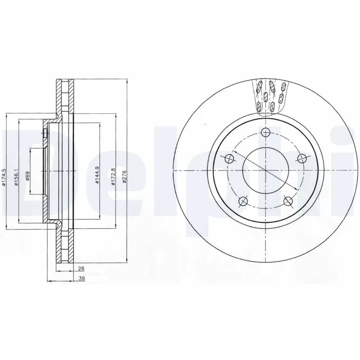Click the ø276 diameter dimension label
(x=125, y=178)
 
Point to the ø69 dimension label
(x=28, y=175)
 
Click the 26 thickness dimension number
(x=81, y=268)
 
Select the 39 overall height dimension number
(x=81, y=279)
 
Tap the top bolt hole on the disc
(x=266, y=132)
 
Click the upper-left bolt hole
(x=229, y=158)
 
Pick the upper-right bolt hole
(x=302, y=158)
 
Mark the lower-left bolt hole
(x=243, y=201)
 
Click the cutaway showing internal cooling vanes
(x=270, y=95)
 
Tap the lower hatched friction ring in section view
(x=64, y=245)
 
